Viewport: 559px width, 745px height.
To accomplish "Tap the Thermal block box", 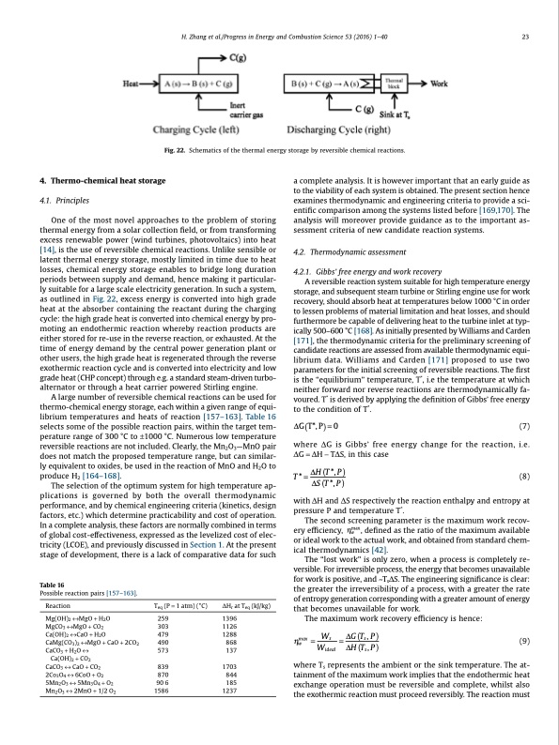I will tap(396, 84).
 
